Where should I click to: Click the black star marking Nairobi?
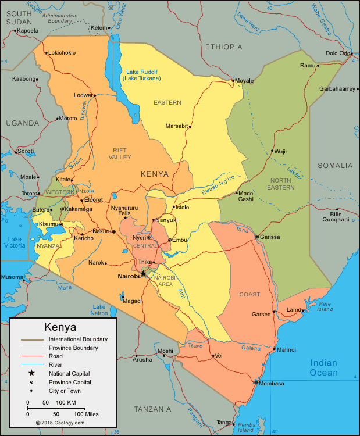point(143,273)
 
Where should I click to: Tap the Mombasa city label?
point(272,384)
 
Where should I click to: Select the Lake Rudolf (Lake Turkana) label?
point(142,75)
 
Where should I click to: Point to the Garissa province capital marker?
point(256,237)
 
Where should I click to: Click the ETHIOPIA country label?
point(223,47)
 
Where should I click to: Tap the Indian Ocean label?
point(323,368)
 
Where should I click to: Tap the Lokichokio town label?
point(62,52)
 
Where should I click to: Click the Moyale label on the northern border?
point(244,80)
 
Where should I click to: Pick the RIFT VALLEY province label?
point(120,153)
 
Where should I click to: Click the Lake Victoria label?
point(15,242)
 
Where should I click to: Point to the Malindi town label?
point(286,349)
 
